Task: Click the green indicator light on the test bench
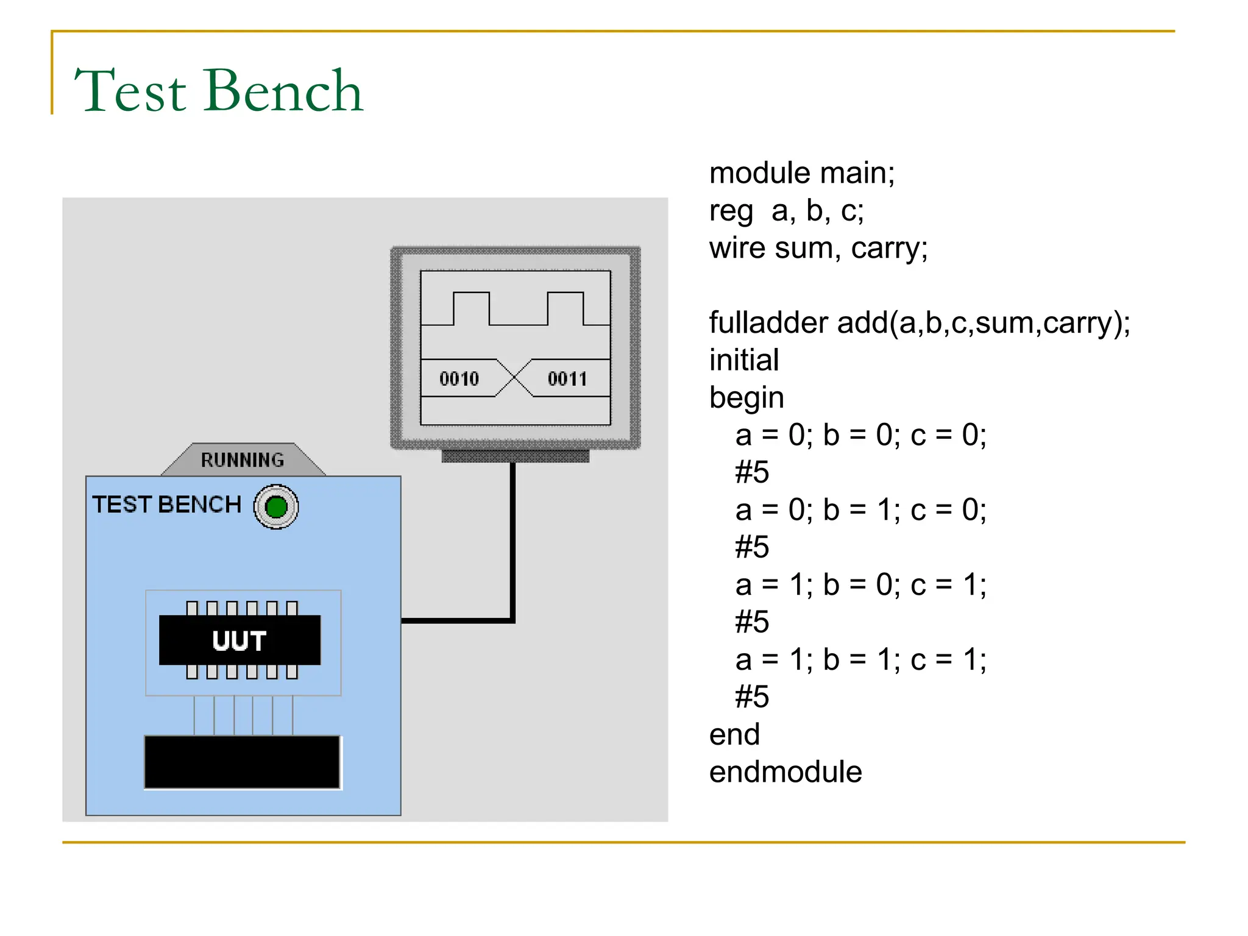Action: (x=276, y=507)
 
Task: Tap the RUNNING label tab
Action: (x=243, y=460)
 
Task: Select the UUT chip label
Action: (x=239, y=640)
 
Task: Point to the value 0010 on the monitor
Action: (x=459, y=379)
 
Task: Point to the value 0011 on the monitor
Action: (x=567, y=379)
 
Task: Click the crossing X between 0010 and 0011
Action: (x=514, y=378)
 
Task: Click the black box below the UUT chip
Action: (x=242, y=762)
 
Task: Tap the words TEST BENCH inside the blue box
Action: (x=166, y=505)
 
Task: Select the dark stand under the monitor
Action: (x=515, y=456)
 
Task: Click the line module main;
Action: (x=801, y=173)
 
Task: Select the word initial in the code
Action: (x=743, y=360)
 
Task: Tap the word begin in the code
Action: (x=746, y=399)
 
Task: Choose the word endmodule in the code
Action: (x=785, y=772)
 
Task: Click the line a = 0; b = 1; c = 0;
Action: (x=860, y=510)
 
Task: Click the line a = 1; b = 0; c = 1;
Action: (x=860, y=585)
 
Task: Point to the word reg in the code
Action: (x=731, y=212)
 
